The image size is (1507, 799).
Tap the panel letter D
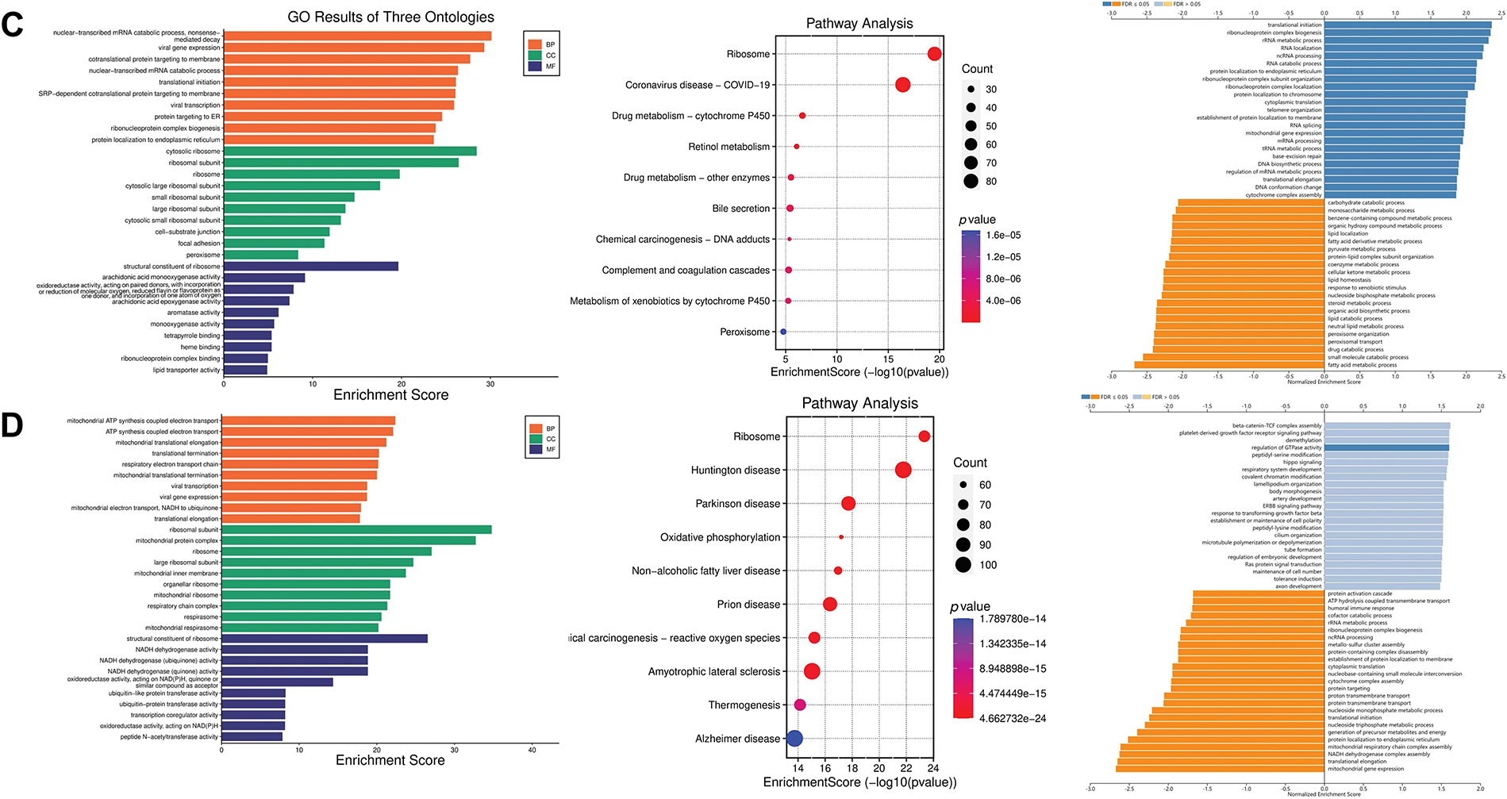(12, 425)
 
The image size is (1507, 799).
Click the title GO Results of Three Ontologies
(390, 17)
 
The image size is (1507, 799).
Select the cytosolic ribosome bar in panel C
(349, 152)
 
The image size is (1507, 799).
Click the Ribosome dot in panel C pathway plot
(934, 54)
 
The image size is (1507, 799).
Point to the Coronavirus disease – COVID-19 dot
(902, 85)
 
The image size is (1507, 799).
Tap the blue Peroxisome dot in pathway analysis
(783, 332)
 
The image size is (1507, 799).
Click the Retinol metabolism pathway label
(729, 147)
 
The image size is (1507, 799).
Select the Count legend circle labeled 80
(971, 181)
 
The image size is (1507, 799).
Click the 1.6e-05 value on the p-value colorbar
(1003, 236)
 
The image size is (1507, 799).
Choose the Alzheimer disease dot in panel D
(794, 739)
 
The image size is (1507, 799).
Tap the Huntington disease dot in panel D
(902, 471)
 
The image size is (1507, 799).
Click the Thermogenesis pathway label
(744, 705)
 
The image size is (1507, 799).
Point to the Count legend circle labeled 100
(963, 565)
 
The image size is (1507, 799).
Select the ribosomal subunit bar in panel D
(356, 529)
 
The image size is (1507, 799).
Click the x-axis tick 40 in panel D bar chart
(532, 750)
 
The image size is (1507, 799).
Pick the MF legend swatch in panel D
(535, 450)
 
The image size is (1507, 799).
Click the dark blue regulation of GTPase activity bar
(1386, 448)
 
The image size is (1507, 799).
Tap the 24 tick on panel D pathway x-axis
(933, 768)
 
